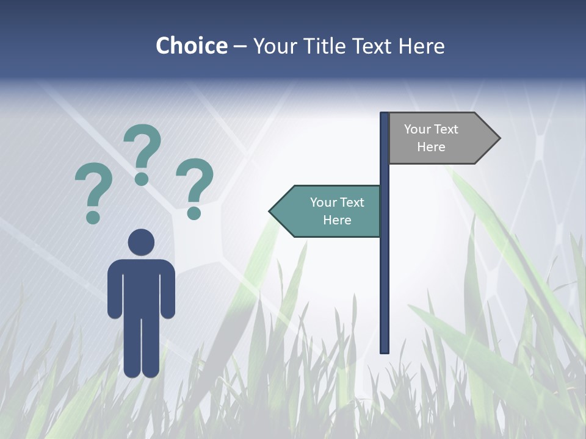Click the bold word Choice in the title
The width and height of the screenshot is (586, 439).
[x=191, y=46]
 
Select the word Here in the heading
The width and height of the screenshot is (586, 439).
[x=422, y=46]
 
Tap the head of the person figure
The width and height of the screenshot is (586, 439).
[x=141, y=242]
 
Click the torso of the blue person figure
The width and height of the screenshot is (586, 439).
[x=141, y=287]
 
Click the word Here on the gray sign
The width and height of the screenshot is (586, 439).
[x=431, y=147]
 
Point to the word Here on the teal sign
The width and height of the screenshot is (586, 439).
[x=337, y=220]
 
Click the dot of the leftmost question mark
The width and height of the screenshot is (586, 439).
[x=93, y=217]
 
